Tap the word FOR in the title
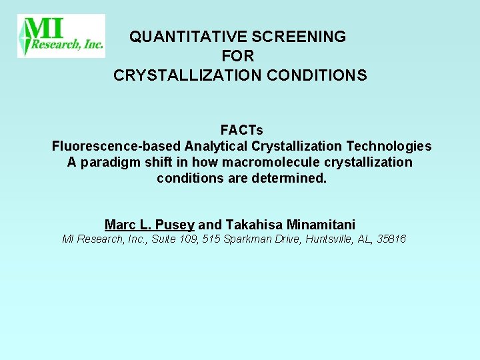[x=239, y=57]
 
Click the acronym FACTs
[x=241, y=129]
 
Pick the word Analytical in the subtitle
[x=216, y=146]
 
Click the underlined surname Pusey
[x=175, y=225]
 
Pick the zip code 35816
[x=391, y=239]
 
